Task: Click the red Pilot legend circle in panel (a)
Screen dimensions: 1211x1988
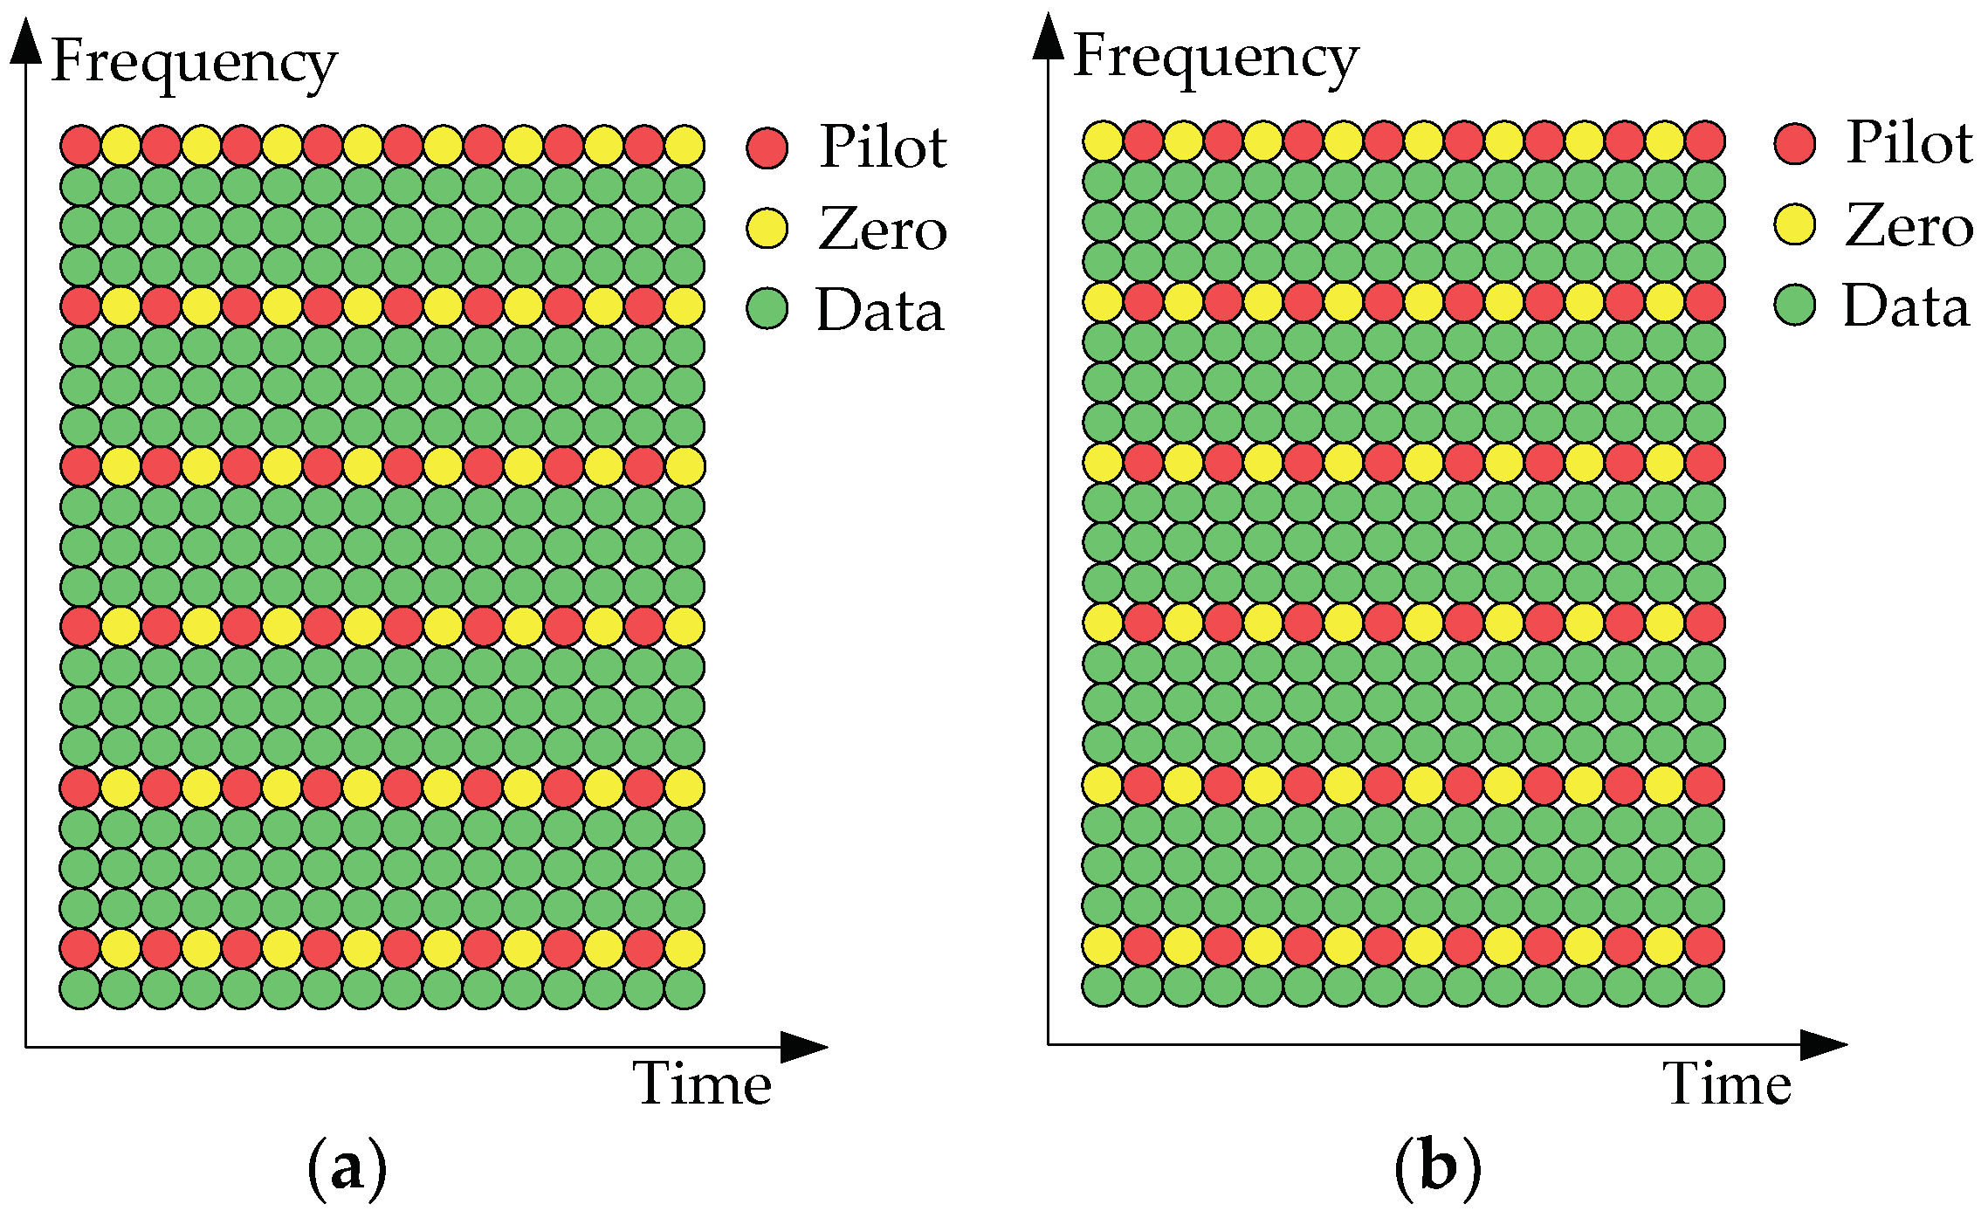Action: coord(767,147)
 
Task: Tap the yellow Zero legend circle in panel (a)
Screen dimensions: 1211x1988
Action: coord(767,228)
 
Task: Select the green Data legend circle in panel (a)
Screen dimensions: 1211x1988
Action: coord(767,308)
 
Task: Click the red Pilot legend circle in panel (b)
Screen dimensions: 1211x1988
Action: coord(1795,143)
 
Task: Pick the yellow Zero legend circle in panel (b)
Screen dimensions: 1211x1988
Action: coord(1795,224)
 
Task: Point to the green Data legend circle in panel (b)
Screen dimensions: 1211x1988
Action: coord(1795,305)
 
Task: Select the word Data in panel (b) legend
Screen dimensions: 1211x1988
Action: coord(1906,306)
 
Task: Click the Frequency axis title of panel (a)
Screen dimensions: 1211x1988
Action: coord(194,63)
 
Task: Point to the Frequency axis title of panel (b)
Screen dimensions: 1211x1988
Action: coord(1215,58)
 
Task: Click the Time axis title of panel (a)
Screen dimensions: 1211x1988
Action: coord(703,1084)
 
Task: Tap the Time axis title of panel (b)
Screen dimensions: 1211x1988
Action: coord(1727,1084)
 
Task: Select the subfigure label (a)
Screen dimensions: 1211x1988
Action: coord(347,1167)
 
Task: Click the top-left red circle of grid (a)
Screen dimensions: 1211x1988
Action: coord(80,145)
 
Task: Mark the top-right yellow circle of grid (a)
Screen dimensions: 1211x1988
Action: coord(684,145)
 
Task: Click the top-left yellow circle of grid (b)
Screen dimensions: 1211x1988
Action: coord(1103,141)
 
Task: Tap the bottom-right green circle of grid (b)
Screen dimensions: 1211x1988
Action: coord(1704,986)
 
